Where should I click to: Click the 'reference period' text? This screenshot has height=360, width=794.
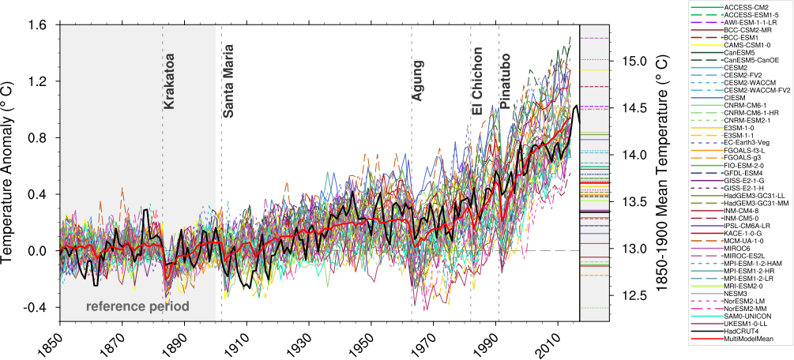click(138, 306)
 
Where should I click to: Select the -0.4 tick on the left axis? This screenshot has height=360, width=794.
click(37, 307)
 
